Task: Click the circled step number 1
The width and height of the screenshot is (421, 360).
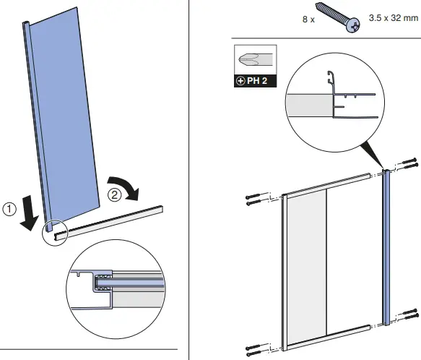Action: point(9,209)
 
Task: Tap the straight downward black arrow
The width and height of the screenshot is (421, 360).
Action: point(28,216)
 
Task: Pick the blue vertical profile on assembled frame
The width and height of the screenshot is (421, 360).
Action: point(386,249)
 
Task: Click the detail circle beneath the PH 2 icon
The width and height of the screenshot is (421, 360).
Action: point(331,102)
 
